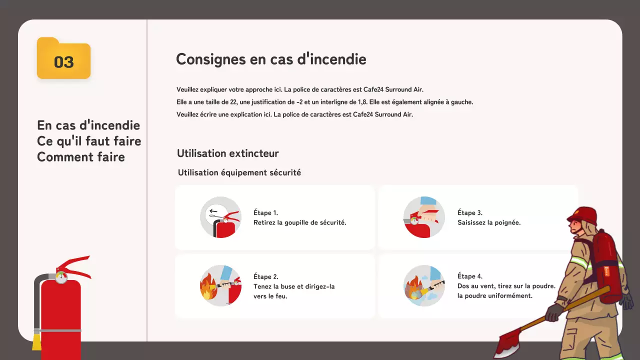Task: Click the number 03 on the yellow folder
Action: (x=64, y=62)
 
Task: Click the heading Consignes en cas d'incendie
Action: (x=271, y=59)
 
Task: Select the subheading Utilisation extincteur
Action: (x=227, y=153)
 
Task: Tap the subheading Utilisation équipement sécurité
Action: (x=239, y=172)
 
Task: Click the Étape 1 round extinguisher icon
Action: (x=220, y=217)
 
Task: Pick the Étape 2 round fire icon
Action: (x=220, y=285)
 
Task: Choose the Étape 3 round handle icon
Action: (x=424, y=217)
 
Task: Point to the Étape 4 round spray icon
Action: (x=424, y=285)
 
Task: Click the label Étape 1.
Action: (x=265, y=212)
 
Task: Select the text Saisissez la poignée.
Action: (x=489, y=222)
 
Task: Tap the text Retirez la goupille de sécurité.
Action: (x=299, y=222)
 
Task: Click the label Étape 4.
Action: (x=469, y=276)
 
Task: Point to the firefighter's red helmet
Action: (x=583, y=215)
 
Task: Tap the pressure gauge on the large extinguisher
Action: (x=61, y=277)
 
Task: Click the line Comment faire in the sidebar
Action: (x=81, y=157)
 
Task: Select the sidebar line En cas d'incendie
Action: (x=88, y=125)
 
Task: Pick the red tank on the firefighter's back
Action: (x=606, y=265)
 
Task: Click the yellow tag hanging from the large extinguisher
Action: (x=36, y=342)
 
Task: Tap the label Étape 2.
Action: (x=265, y=276)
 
